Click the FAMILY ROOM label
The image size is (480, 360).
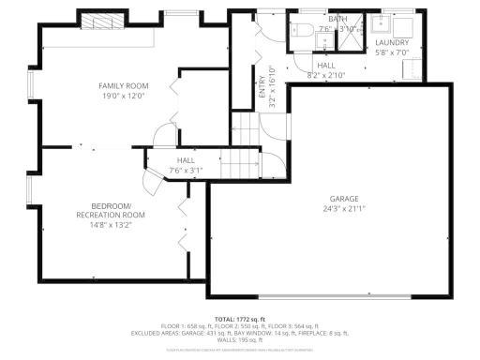tap(125, 85)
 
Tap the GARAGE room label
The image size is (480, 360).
tap(343, 198)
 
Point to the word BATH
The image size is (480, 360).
tap(337, 18)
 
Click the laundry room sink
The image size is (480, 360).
tap(385, 24)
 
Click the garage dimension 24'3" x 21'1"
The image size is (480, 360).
tap(343, 208)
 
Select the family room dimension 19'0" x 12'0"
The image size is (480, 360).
tap(125, 96)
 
